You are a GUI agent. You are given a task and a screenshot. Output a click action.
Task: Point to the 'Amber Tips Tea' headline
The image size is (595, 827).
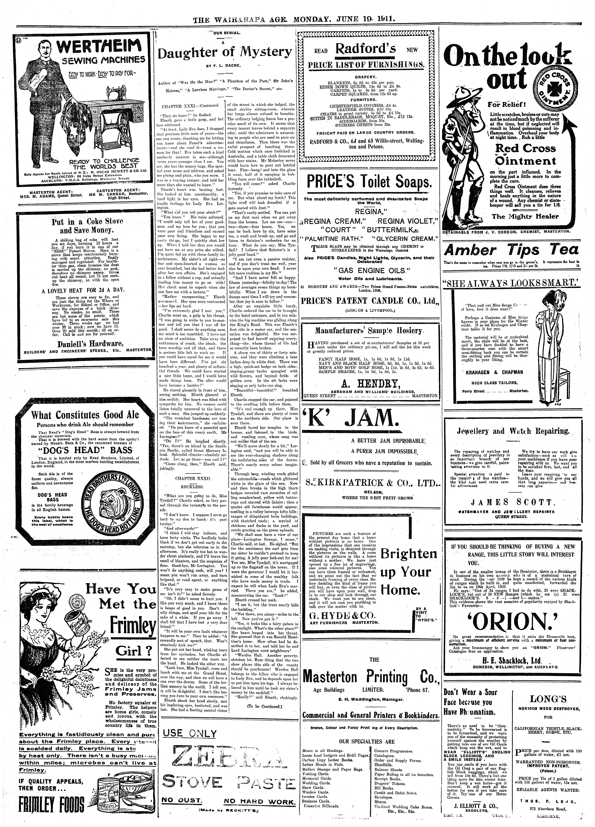click(511, 250)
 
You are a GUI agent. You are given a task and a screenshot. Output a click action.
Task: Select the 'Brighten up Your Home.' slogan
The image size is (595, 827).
click(409, 572)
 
